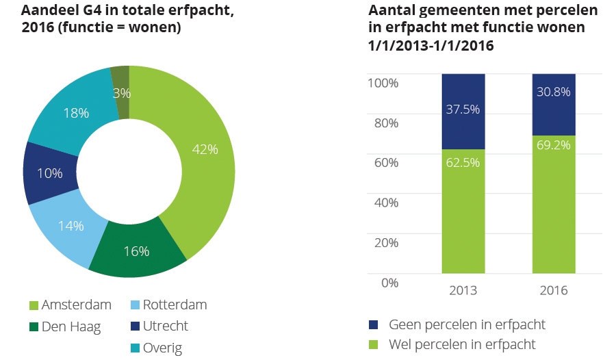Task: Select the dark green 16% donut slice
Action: point(137,251)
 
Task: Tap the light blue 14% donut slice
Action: point(70,226)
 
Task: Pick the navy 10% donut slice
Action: point(49,173)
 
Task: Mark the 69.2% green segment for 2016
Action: point(554,205)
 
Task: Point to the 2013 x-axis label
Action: point(463,290)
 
